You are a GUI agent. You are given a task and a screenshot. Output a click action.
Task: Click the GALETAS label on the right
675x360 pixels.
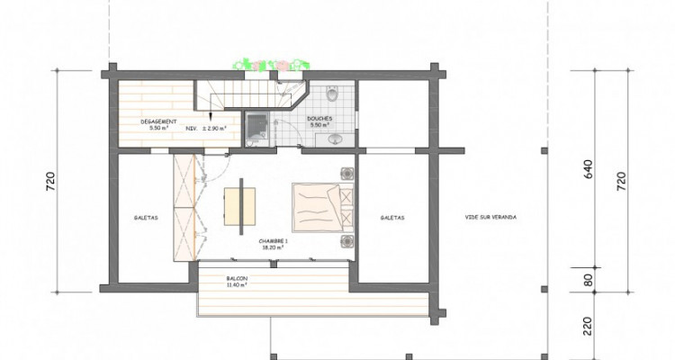(x=391, y=217)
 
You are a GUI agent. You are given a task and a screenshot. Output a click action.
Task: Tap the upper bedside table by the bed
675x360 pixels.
(x=346, y=174)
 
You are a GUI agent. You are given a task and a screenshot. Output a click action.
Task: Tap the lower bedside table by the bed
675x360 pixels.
(x=346, y=239)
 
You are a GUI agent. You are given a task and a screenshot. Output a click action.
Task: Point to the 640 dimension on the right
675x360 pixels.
(x=589, y=172)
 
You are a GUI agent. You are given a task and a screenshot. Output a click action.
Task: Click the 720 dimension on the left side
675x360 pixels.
(x=62, y=184)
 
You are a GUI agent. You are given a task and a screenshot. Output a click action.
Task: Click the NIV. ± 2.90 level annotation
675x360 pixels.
(x=206, y=129)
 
